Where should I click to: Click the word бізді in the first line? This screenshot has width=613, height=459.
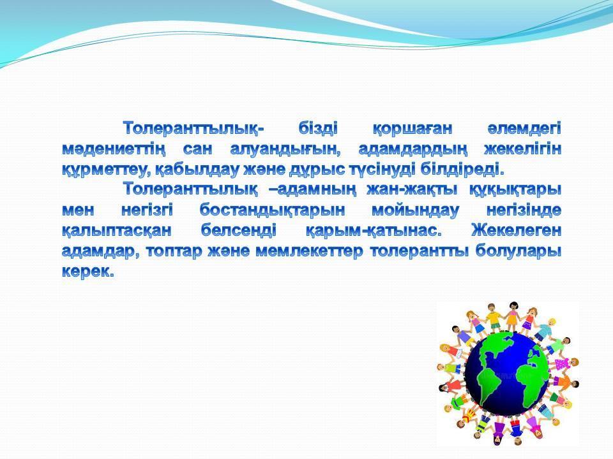pyautogui.click(x=318, y=128)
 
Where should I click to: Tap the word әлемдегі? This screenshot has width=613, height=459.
pyautogui.click(x=524, y=128)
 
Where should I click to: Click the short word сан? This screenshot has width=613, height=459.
pyautogui.click(x=198, y=149)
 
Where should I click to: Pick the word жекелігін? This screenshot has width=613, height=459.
pyautogui.click(x=523, y=149)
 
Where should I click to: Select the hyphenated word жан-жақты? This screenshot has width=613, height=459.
pyautogui.click(x=412, y=191)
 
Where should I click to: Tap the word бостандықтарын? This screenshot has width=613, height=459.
pyautogui.click(x=273, y=211)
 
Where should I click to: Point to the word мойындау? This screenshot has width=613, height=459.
pyautogui.click(x=415, y=211)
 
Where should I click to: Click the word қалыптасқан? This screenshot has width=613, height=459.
pyautogui.click(x=116, y=231)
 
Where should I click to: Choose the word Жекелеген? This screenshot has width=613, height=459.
pyautogui.click(x=516, y=230)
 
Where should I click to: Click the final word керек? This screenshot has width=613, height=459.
pyautogui.click(x=88, y=272)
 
